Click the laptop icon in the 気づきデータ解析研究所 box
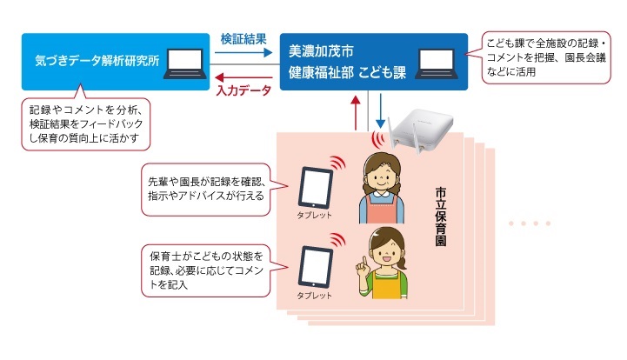184,63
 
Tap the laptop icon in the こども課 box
437,63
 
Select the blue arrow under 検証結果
243,52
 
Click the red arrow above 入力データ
243,77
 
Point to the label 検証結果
243,39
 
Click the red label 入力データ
243,90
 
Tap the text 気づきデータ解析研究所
97,60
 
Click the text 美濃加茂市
321,51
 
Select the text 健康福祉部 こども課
347,72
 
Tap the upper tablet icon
316,188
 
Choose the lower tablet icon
316,267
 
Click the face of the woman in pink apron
381,175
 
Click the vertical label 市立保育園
441,217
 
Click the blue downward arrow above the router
380,111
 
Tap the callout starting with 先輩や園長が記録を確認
206,190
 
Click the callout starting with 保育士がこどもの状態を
206,270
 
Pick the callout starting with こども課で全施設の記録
546,57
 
